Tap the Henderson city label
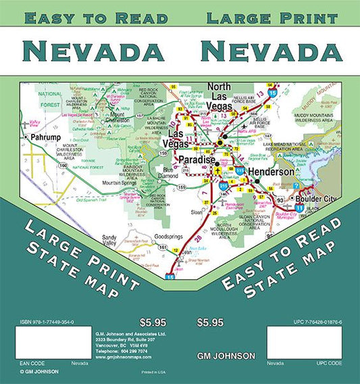point(267,172)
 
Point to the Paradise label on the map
point(196,160)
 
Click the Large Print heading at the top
point(272,18)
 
